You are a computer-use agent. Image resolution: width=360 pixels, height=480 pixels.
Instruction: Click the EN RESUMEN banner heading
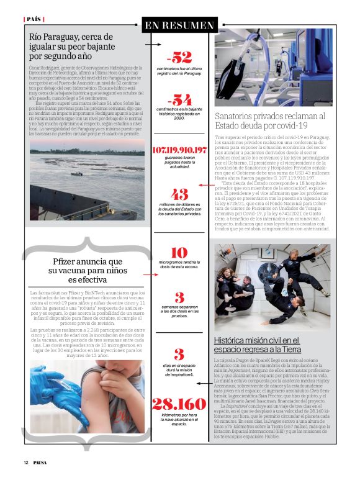(x=179, y=25)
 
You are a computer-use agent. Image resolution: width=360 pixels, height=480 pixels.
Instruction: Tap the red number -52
(x=179, y=58)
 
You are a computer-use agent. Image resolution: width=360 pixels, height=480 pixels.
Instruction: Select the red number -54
(x=179, y=100)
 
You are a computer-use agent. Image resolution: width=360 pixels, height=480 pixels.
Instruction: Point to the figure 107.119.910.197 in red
(x=179, y=151)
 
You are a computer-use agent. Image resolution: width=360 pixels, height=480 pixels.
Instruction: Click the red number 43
(x=179, y=194)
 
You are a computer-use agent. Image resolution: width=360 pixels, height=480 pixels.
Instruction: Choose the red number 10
(x=179, y=253)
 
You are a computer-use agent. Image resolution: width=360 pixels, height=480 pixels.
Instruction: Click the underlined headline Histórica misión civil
(x=256, y=345)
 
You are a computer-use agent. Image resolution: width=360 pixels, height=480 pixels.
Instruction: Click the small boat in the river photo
(x=77, y=174)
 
